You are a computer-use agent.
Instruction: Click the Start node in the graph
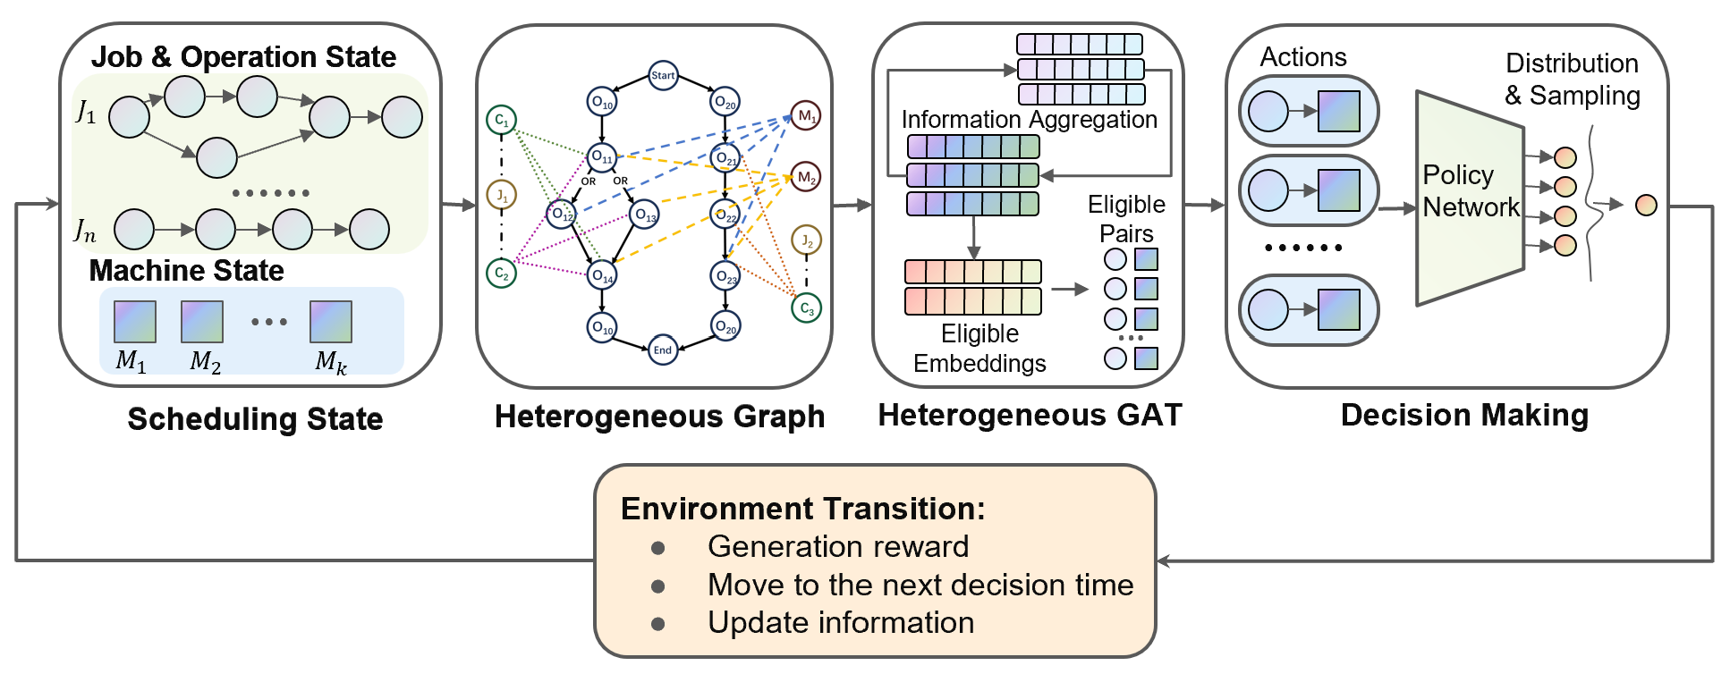point(663,75)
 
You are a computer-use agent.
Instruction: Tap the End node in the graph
point(662,350)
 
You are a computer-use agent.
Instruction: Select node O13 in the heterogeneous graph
point(644,215)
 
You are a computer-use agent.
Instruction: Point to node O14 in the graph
point(602,275)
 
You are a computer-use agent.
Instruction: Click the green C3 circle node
point(806,308)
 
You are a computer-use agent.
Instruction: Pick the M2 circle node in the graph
point(806,177)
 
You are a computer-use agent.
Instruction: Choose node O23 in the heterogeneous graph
point(725,275)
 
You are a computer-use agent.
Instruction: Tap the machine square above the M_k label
point(331,322)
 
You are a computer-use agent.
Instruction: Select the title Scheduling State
point(255,418)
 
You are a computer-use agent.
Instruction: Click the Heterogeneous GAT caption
point(1030,415)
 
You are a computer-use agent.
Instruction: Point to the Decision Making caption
point(1464,415)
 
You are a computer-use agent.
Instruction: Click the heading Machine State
point(186,270)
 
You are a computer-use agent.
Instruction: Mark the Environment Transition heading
point(802,508)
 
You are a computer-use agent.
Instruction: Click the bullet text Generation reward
point(838,546)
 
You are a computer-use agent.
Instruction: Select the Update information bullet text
point(841,622)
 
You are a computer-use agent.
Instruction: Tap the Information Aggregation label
point(1029,119)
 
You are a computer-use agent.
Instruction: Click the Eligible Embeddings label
point(979,348)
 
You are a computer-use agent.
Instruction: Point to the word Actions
point(1303,57)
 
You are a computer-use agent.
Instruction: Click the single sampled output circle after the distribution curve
point(1646,206)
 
